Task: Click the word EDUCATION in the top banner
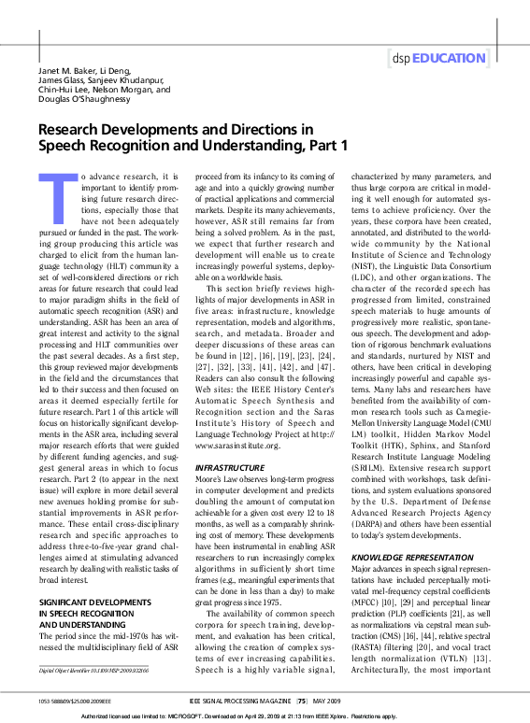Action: pos(451,58)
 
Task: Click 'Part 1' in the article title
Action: pos(324,145)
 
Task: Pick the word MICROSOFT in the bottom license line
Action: pos(216,715)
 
